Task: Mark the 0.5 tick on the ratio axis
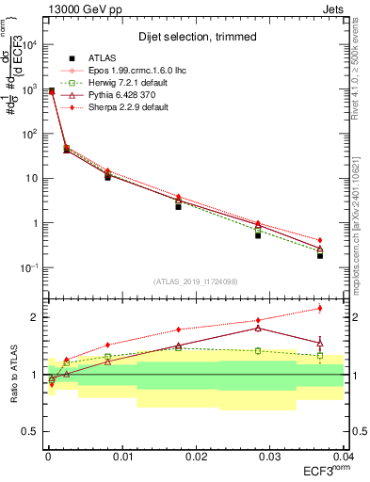pyautogui.click(x=33, y=431)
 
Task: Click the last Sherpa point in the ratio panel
pyautogui.click(x=320, y=308)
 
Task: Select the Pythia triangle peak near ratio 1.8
pyautogui.click(x=258, y=328)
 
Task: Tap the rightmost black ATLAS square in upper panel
pyautogui.click(x=320, y=255)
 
